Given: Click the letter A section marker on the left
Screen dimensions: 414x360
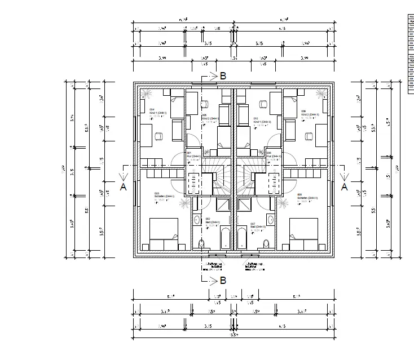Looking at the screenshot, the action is point(123,187).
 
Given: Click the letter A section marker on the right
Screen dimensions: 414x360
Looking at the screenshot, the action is point(345,187).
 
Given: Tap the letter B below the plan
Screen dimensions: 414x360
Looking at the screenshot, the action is point(223,279).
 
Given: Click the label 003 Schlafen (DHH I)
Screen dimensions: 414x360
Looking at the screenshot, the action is point(164,197).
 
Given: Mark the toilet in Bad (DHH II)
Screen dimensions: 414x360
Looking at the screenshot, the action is point(266,243).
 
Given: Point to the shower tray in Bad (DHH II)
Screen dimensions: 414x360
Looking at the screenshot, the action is point(244,204).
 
